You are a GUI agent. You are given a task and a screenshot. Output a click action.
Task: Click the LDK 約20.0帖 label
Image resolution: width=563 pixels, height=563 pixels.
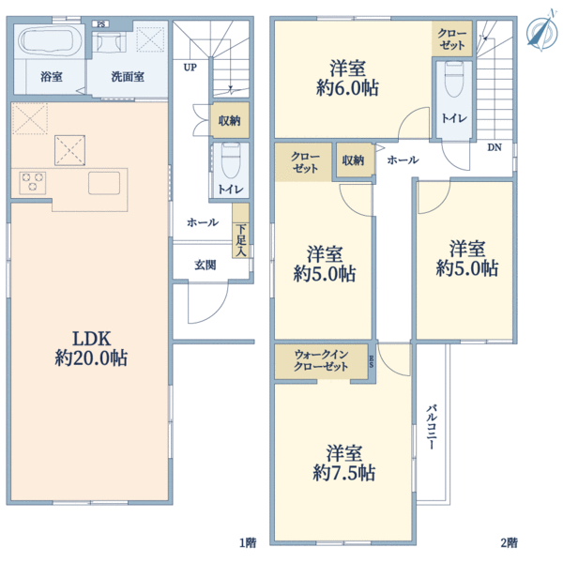point(91,348)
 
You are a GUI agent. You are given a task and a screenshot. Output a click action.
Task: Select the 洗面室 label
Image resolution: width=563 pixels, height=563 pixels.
point(128,77)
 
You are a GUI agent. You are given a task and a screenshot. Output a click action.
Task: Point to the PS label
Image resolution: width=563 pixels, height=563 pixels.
point(101,24)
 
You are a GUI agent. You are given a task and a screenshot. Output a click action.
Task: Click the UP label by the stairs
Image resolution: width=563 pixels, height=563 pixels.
point(190,68)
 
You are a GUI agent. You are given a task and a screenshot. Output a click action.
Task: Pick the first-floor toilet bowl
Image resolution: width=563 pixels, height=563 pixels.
point(230,160)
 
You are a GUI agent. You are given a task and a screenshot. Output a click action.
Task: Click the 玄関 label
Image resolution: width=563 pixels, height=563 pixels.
point(205,266)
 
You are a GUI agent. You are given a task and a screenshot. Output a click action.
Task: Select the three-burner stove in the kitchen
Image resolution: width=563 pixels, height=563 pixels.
point(33,182)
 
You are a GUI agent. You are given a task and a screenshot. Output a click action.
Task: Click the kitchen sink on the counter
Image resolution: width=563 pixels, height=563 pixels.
point(104,183)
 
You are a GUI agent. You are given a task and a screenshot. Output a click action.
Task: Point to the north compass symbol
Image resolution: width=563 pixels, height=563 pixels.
point(541,31)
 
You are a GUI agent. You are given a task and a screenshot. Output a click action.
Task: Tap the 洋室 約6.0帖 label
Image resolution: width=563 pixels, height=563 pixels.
point(347,78)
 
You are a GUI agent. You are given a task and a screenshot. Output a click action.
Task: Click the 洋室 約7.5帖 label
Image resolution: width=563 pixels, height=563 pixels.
point(344,464)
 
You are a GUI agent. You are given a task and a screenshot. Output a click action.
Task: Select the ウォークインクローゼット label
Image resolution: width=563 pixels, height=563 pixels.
point(321,360)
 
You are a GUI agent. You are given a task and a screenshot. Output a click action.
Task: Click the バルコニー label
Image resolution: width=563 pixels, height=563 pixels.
point(432,427)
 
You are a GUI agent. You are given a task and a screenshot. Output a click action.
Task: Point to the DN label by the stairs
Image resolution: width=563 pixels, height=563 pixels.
point(495,147)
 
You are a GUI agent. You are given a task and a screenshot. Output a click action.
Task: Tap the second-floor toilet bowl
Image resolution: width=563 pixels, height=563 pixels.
point(454,79)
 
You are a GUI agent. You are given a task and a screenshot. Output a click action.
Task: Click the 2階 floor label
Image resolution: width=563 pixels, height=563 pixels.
point(510,542)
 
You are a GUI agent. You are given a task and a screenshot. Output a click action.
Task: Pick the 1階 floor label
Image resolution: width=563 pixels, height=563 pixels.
point(248,542)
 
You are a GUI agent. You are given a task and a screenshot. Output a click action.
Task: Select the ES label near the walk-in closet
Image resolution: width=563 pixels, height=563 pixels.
point(372,361)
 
